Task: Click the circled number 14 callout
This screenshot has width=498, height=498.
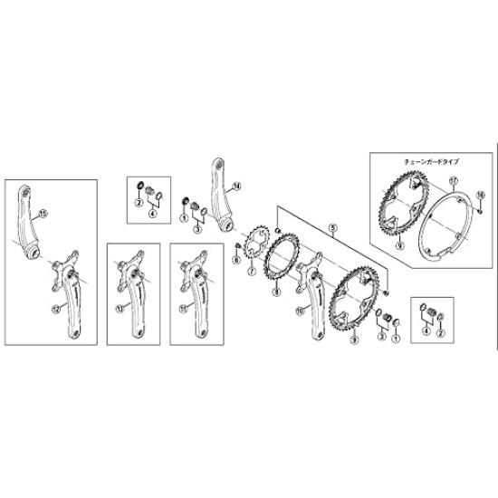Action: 238,187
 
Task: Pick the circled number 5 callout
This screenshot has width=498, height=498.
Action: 332,230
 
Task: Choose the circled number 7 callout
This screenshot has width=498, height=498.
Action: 250,271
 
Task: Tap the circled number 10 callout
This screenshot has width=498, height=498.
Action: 299,308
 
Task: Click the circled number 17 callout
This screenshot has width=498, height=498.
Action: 452,180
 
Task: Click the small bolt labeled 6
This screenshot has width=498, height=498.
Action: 235,245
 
